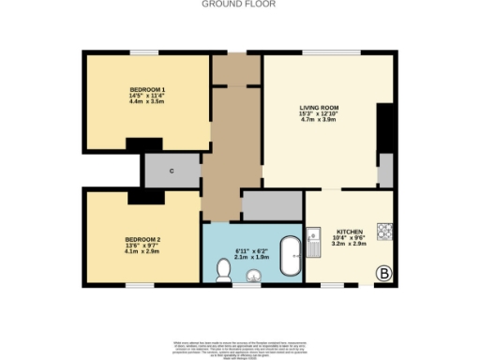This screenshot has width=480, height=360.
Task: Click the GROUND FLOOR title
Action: tap(239, 4)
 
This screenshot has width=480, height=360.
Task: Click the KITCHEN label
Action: tap(350, 230)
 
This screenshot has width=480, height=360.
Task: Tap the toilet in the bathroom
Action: tap(223, 270)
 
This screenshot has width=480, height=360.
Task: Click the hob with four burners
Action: tap(384, 230)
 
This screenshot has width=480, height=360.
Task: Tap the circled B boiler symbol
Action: tap(383, 273)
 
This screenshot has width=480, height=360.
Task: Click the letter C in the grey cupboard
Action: tap(172, 171)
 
